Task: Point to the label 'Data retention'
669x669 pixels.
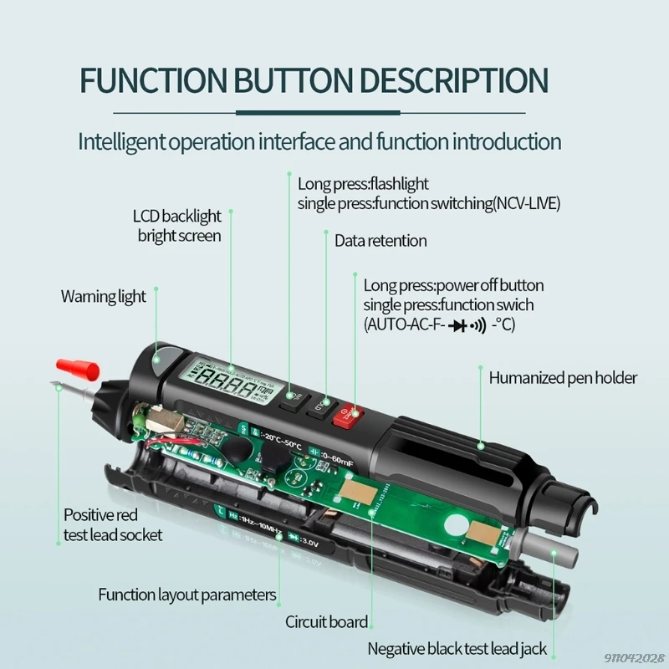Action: coord(380,241)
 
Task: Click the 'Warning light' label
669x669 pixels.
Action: coord(103,296)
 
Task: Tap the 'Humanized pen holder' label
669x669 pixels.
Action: coord(563,378)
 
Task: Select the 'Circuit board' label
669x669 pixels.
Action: coord(326,622)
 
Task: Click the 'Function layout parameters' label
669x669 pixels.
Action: coord(186,595)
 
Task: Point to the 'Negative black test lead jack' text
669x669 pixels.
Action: coord(457,649)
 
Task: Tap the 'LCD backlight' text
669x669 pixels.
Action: coord(176,217)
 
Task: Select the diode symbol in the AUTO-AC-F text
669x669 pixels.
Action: coord(457,324)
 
